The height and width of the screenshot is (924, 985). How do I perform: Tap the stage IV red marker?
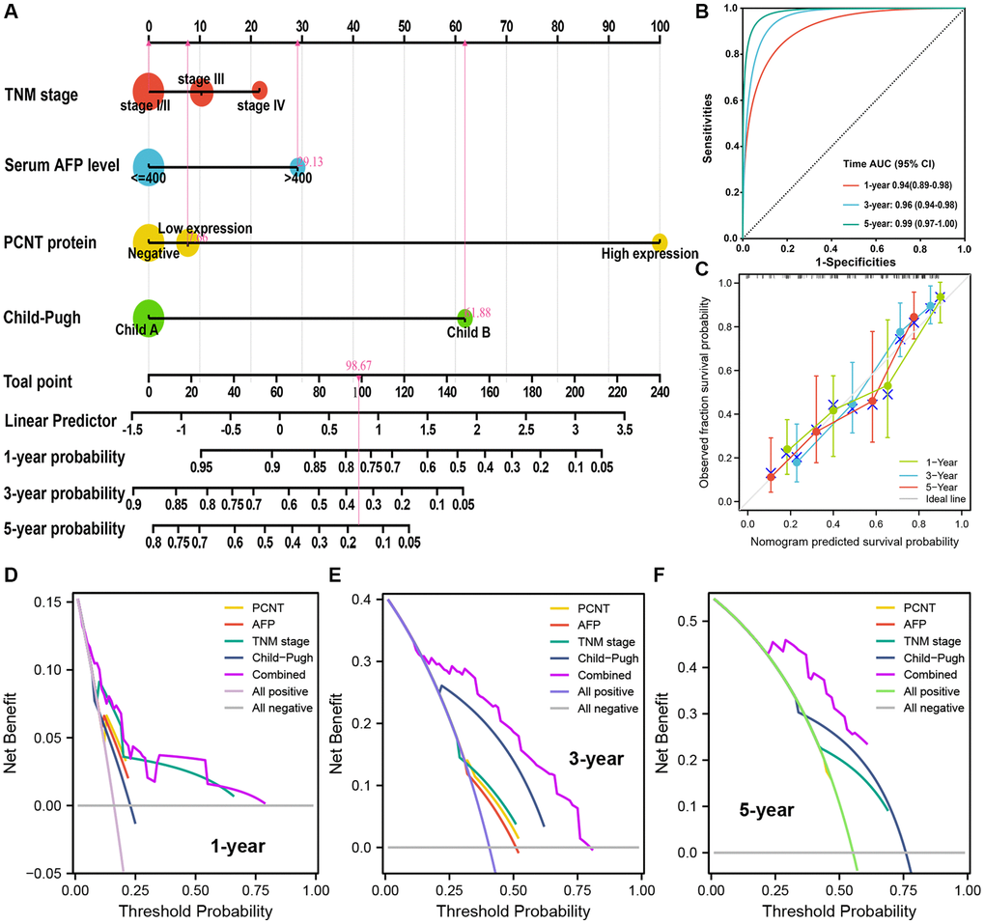(259, 90)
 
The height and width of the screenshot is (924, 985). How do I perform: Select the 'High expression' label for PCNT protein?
(634, 254)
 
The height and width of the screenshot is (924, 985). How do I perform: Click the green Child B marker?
(464, 318)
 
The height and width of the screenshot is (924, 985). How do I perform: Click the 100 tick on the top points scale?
(660, 26)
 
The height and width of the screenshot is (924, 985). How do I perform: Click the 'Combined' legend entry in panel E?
(608, 675)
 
